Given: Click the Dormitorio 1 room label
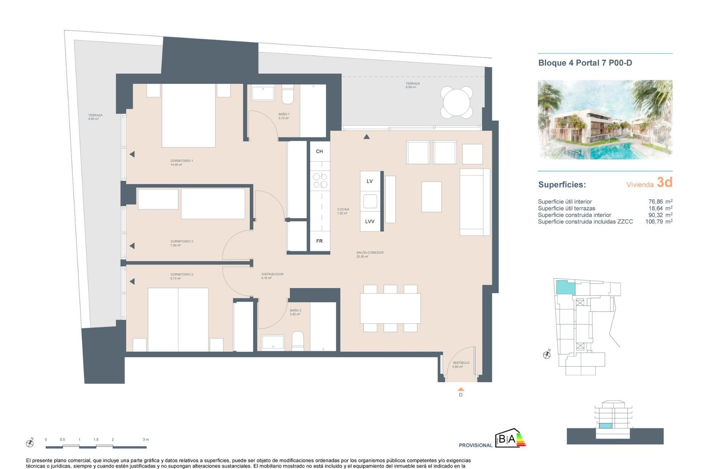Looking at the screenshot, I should point(181,161).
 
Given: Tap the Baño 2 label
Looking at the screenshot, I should point(295,310).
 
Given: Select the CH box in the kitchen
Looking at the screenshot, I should point(319,151).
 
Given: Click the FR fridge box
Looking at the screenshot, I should point(319,241).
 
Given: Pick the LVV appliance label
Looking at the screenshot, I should point(369,222).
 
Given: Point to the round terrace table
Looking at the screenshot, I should point(457,102).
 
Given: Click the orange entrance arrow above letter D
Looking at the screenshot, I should point(461,389).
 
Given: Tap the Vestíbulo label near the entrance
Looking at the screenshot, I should point(461,363).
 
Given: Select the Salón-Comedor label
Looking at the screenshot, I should point(370,252).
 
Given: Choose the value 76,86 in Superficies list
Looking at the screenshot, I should point(655,202).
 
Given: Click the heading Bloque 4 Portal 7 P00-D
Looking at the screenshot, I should point(585,63).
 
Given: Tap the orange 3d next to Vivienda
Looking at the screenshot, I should point(664,182).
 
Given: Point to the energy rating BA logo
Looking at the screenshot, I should point(510,438).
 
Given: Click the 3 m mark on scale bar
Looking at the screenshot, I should point(146,440).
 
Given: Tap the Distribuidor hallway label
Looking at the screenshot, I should point(272,274).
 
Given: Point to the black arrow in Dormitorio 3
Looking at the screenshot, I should point(132,246).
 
